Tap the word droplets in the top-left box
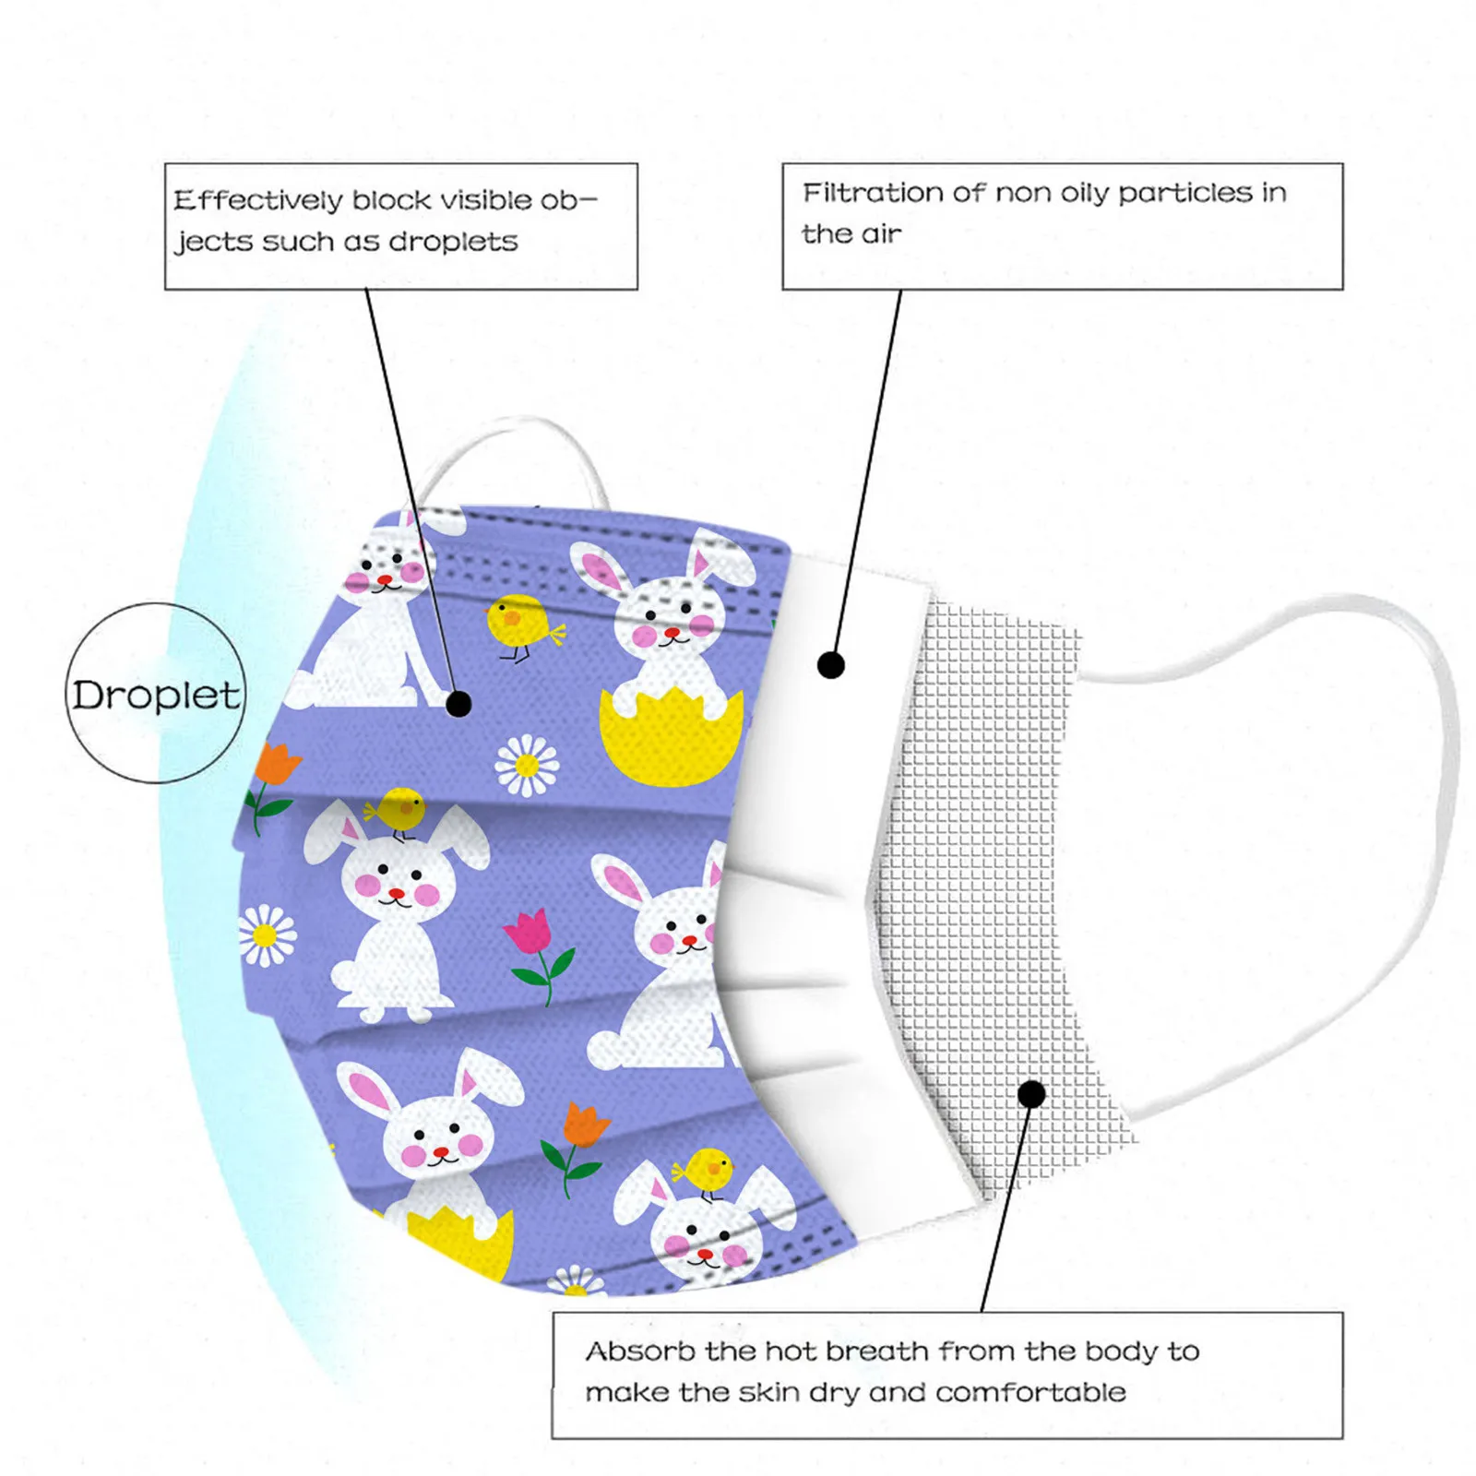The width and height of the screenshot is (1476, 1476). pos(453,242)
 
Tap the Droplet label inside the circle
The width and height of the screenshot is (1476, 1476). pos(156,696)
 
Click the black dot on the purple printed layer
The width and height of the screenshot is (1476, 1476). pos(458,704)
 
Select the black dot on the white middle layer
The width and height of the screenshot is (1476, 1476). pos(831,664)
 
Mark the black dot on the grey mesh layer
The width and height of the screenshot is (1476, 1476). pos(1031,1094)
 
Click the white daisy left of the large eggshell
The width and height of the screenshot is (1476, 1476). pos(527,765)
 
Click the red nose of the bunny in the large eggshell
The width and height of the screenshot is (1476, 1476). pos(673,633)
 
